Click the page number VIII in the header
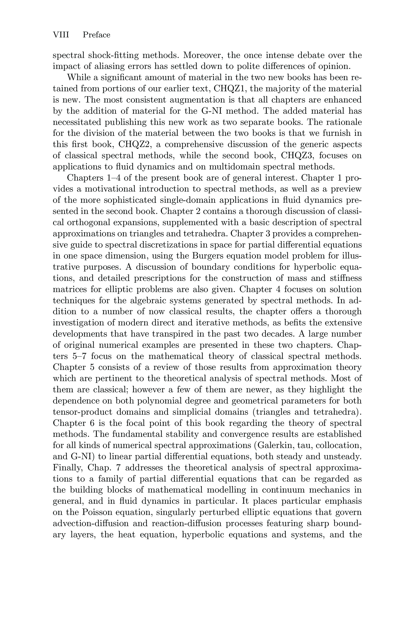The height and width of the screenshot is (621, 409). pos(61,35)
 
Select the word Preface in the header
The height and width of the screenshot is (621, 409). pos(97,35)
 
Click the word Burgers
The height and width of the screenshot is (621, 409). pos(208,256)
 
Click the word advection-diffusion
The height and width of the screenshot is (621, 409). pos(91,523)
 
